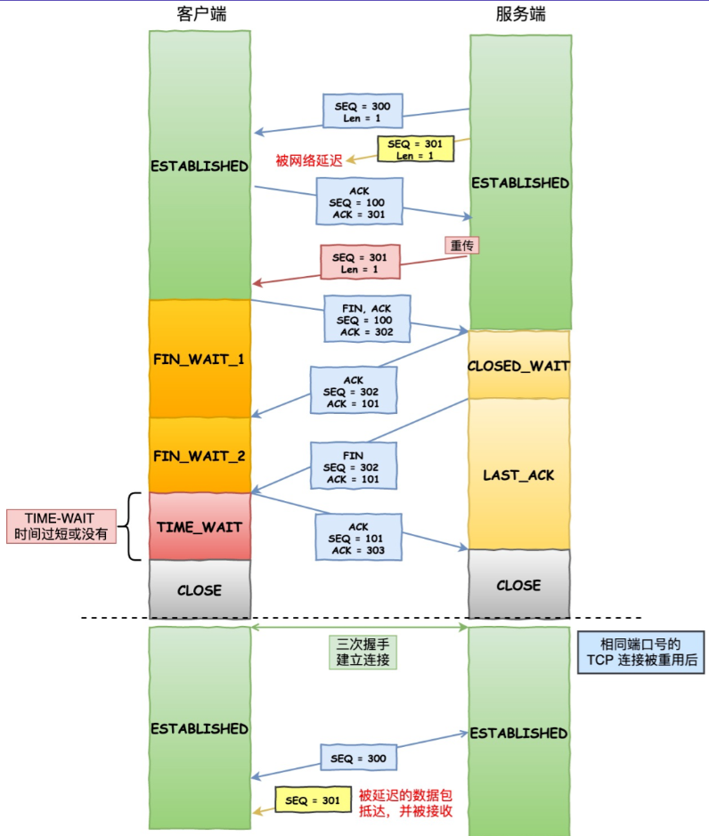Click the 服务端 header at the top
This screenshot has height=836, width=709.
tap(520, 14)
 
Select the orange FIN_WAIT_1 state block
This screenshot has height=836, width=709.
tap(200, 358)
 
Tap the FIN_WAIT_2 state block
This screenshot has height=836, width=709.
tap(200, 455)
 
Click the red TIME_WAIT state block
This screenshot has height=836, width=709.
tap(200, 526)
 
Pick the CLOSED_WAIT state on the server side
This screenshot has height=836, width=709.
tap(518, 365)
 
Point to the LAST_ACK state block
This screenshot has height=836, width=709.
tap(518, 475)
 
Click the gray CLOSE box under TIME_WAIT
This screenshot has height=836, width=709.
tap(200, 589)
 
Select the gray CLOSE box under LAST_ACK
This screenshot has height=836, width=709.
tap(518, 585)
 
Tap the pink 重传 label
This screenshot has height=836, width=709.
tap(461, 243)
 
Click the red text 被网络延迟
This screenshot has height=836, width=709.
tap(309, 160)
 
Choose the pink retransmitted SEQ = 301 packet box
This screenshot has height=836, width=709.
tap(361, 264)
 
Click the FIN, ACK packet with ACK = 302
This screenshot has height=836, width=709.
tap(365, 319)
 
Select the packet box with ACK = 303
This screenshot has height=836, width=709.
tap(359, 539)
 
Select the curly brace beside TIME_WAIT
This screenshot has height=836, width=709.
tap(134, 526)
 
